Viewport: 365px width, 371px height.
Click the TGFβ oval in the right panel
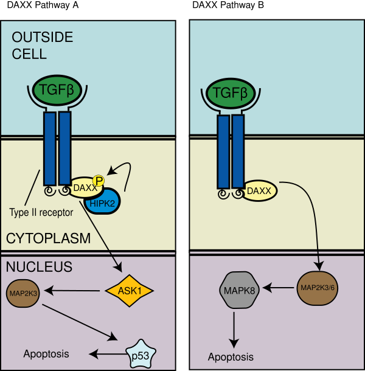(231, 94)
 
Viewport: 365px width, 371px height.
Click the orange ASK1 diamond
(130, 291)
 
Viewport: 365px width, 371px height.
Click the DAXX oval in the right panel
(260, 192)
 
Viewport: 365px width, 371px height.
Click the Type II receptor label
(41, 212)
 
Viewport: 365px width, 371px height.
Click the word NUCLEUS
(38, 267)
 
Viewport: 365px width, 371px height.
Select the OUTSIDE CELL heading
(42, 46)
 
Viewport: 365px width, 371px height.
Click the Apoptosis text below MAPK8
(231, 357)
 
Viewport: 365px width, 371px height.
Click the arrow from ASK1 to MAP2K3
(72, 292)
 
